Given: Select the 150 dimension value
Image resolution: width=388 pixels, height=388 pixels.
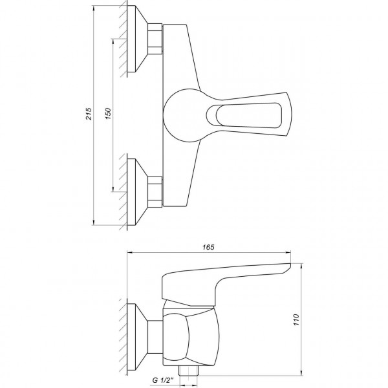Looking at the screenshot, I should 109,114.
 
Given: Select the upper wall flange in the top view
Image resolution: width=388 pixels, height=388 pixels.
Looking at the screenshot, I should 138,40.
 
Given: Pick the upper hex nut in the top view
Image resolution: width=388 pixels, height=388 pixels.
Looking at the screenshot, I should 155,40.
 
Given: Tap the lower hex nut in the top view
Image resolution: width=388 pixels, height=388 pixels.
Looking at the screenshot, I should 155,192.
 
